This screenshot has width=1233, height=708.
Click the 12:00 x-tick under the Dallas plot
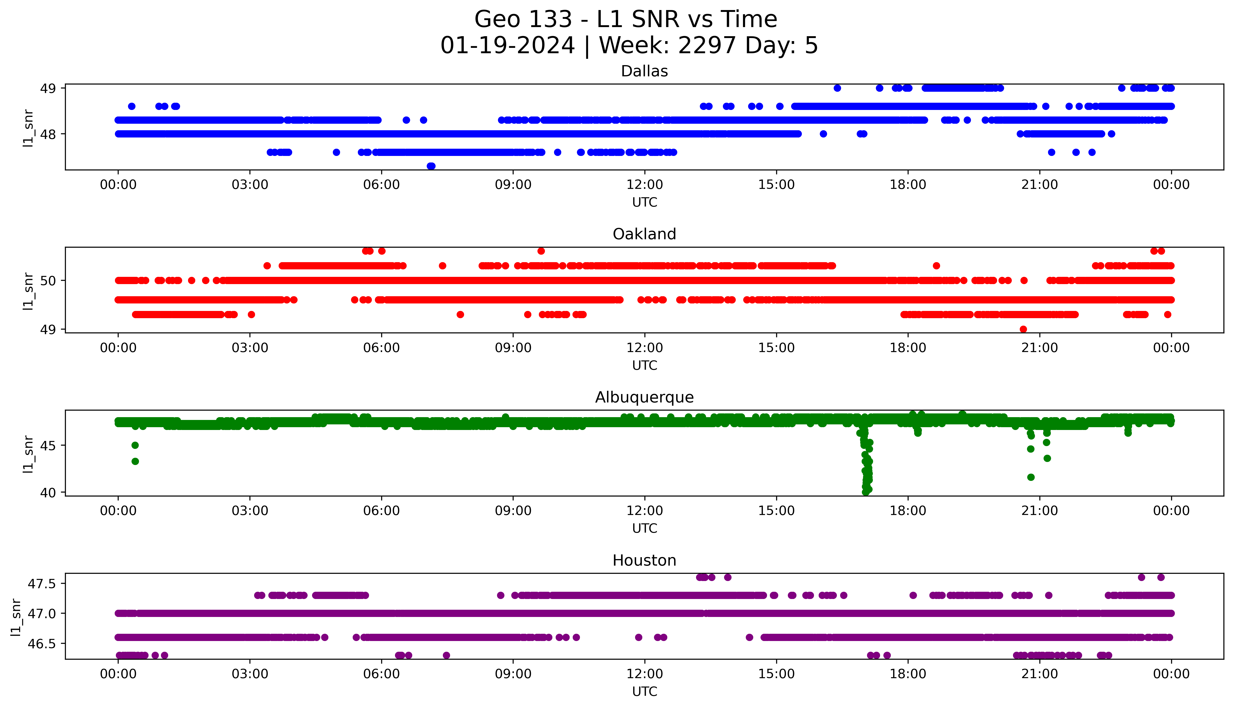(x=644, y=185)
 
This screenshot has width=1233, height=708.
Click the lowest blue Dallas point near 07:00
(x=431, y=166)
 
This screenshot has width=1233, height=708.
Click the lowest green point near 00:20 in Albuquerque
(x=135, y=461)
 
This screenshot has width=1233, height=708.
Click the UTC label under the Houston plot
(x=644, y=691)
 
